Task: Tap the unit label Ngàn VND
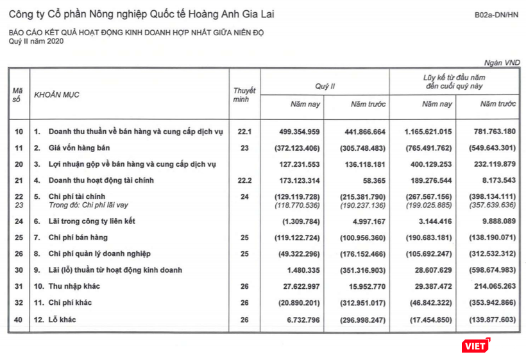click(502, 62)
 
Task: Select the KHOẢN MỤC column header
click(56, 95)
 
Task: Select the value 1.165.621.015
click(428, 132)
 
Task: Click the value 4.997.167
click(363, 221)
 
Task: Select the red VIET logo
click(475, 345)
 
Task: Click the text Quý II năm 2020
click(36, 40)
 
